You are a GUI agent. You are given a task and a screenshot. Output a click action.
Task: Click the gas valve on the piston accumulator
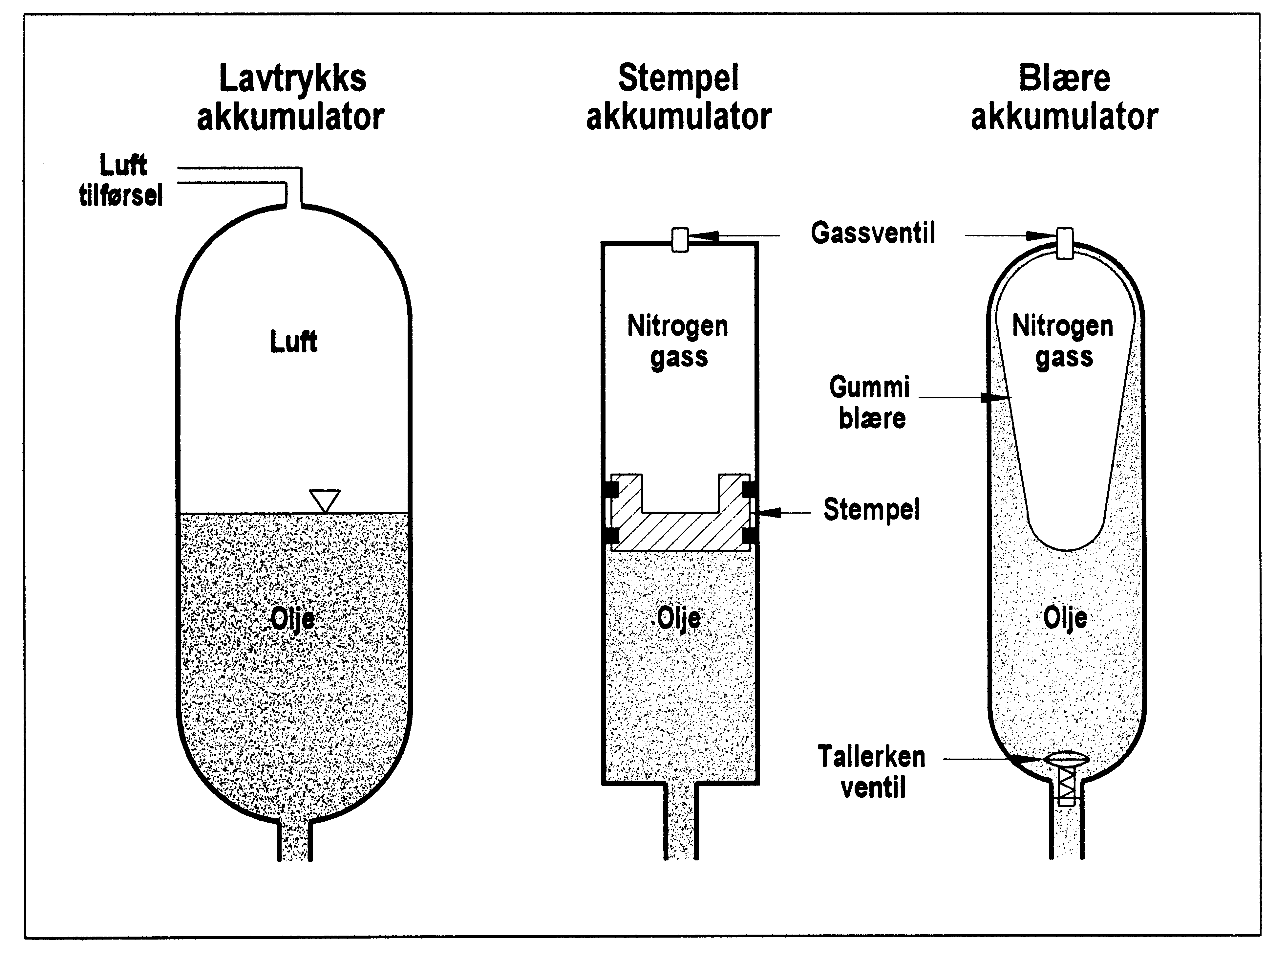click(680, 239)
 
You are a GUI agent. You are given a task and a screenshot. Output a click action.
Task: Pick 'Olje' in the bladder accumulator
click(1065, 618)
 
